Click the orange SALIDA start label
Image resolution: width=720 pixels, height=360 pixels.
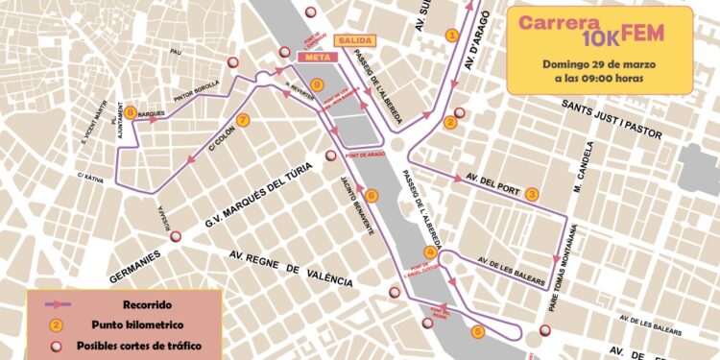(x=353, y=41)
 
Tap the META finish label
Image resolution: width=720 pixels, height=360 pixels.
(x=319, y=58)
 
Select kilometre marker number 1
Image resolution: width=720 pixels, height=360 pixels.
(x=451, y=36)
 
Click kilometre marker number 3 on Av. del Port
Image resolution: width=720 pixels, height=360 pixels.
(x=532, y=195)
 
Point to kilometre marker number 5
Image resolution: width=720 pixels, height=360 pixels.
(x=478, y=332)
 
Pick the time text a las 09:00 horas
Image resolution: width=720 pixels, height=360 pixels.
(x=599, y=79)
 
